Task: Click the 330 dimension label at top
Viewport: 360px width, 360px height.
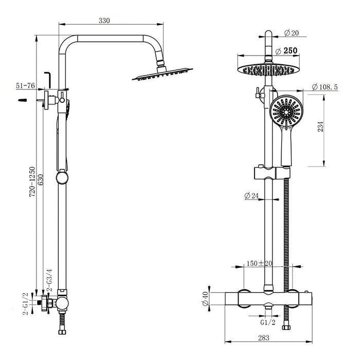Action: click(104, 21)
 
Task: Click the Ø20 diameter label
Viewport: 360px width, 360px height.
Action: click(291, 33)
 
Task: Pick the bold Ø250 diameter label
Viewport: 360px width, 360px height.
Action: click(286, 51)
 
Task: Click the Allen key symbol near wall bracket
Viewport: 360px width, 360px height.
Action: click(47, 78)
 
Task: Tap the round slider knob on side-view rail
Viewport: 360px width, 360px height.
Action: click(62, 177)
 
